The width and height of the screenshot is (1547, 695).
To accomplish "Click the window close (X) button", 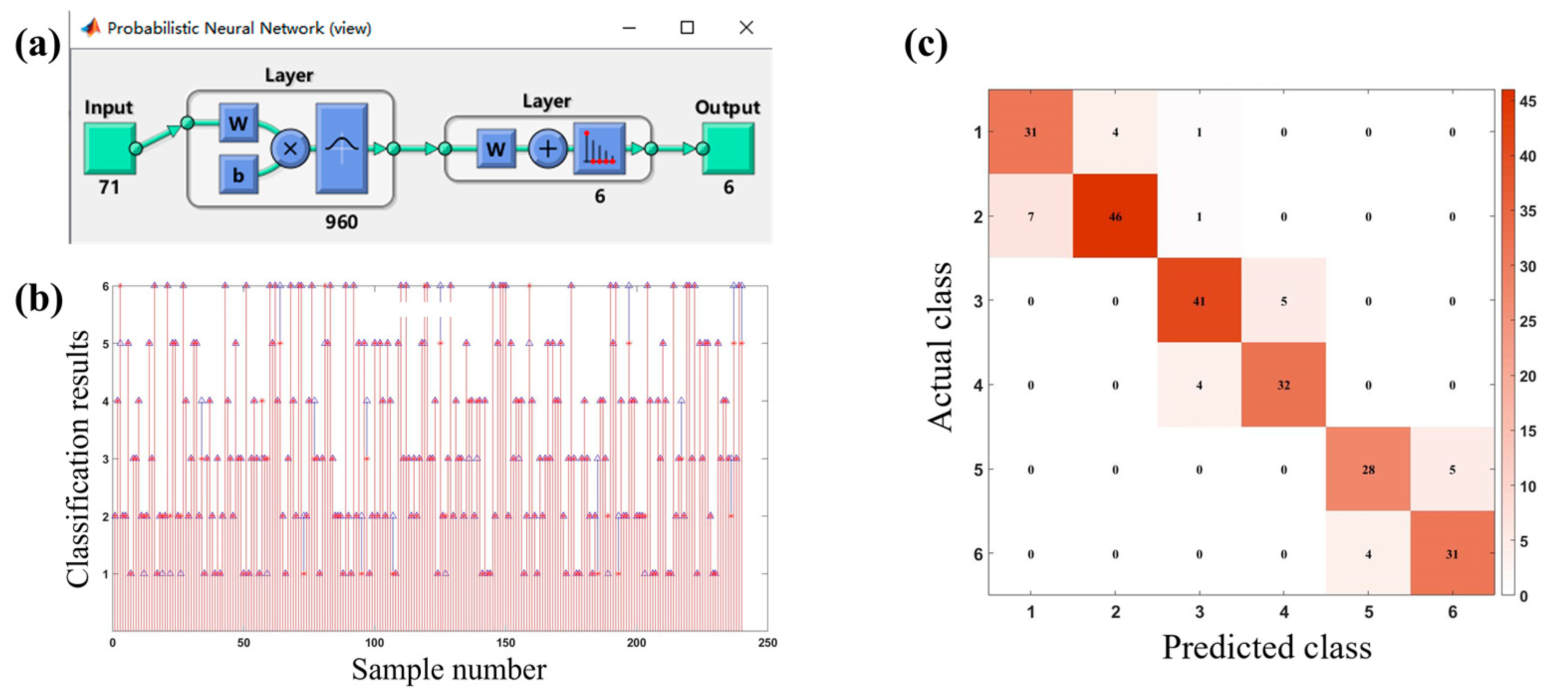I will pos(746,27).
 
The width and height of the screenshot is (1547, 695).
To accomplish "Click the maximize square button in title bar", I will pos(687,27).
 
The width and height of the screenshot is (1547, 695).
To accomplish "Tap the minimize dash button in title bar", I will pos(629,27).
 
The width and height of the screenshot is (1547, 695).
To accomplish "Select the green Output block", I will pos(728,148).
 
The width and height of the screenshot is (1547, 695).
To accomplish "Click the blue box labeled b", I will pos(238,175).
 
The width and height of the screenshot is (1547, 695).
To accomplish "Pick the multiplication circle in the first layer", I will pos(290,148).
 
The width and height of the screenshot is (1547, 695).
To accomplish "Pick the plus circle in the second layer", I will pos(547,149).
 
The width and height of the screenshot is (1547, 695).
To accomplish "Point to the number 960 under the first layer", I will pos(341,222).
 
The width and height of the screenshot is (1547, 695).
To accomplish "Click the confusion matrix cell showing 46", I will pos(1115,217).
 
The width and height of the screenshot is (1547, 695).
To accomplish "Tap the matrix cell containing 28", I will pos(1368,469).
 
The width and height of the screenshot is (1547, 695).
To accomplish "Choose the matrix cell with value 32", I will pos(1284,385).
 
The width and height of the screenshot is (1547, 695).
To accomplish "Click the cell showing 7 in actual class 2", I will pos(1031,217).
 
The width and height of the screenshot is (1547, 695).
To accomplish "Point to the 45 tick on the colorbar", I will pos(1528,101).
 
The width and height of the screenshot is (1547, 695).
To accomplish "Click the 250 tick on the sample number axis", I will pos(767,643).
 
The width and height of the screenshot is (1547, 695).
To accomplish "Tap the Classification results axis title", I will pos(78,459).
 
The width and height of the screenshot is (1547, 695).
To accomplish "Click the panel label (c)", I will pos(926,45).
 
